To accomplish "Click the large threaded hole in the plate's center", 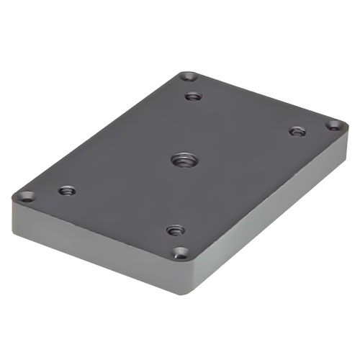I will click(181, 160).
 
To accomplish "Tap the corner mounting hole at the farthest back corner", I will click(188, 76).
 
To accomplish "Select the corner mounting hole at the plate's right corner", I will click(333, 125).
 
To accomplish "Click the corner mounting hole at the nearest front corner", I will click(181, 253).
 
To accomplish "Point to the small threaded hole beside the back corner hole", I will click(192, 96).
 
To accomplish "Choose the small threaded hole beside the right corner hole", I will click(297, 132).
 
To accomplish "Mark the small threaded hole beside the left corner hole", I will click(67, 191).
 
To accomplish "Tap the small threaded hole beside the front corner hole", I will click(175, 230).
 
